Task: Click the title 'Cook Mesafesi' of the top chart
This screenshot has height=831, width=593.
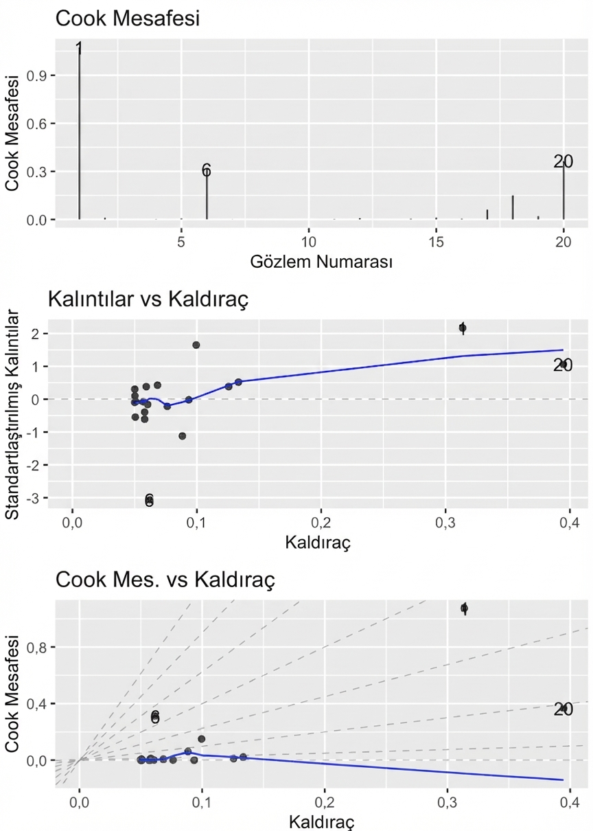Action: pos(127,19)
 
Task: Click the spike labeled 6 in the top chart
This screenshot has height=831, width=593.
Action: pos(207,196)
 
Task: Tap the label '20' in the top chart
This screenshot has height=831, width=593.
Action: pos(563,161)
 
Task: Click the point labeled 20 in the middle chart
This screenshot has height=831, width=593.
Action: pos(563,365)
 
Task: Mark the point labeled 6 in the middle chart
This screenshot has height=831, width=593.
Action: pos(149,500)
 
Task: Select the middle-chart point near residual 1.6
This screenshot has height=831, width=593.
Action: pos(196,345)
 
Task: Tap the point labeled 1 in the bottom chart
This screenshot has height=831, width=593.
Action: pos(465,608)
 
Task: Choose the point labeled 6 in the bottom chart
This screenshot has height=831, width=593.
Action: pos(155,716)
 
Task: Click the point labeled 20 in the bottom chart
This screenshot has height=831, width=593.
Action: pos(563,709)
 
